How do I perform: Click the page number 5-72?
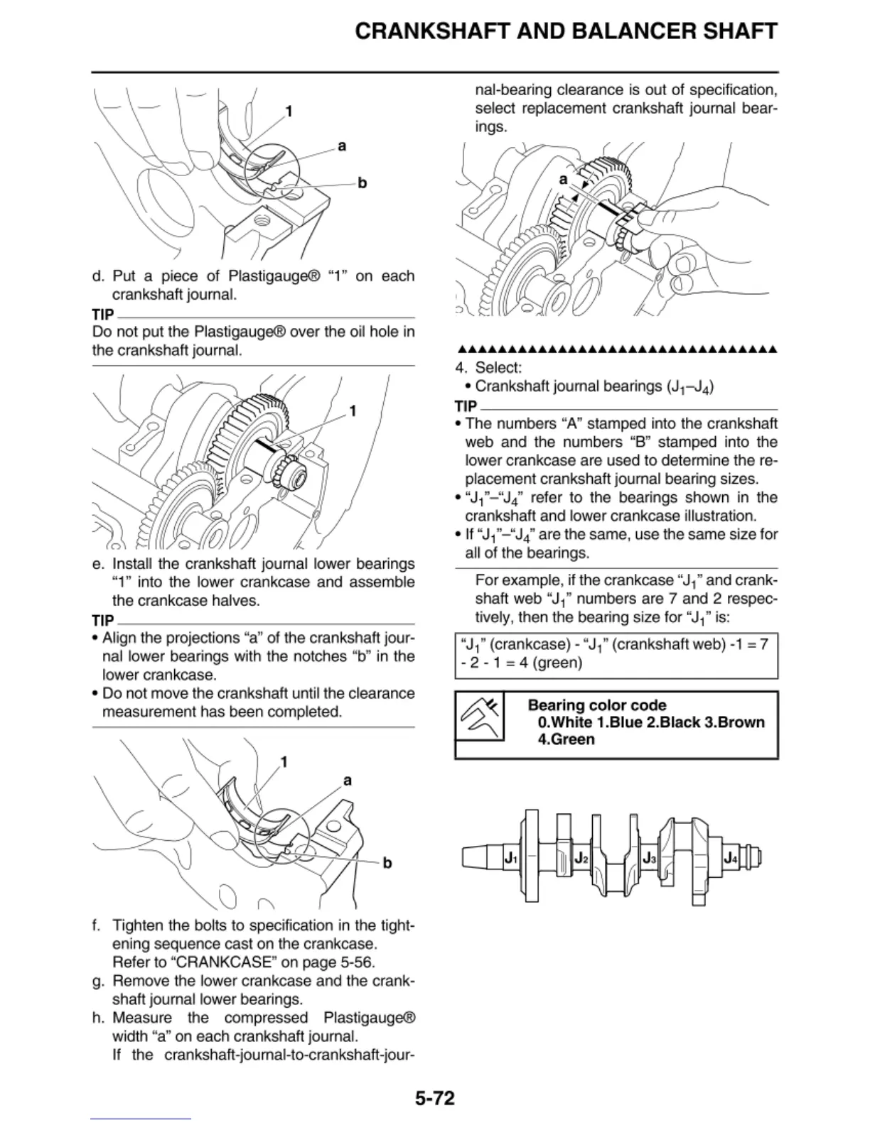(434, 1099)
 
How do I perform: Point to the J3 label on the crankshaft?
(649, 858)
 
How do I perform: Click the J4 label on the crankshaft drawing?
(731, 858)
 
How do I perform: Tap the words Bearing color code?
(597, 705)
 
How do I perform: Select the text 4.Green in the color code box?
(566, 739)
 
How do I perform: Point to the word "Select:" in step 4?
(498, 368)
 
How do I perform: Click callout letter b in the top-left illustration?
(362, 183)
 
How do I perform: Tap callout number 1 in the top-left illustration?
(289, 112)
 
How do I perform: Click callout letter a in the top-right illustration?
(563, 180)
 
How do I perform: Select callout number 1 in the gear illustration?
(353, 411)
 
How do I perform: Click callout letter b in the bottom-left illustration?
(387, 864)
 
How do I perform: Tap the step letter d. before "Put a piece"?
(99, 276)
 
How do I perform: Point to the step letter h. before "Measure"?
(99, 1018)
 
